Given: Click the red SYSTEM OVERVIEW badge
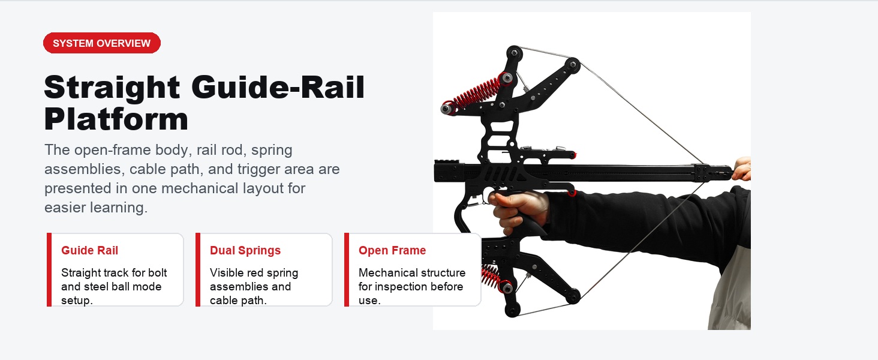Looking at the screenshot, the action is (102, 43).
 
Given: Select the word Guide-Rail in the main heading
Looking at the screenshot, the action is (278, 87).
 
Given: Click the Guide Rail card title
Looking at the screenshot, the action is (89, 250).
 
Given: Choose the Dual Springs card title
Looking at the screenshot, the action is (245, 250).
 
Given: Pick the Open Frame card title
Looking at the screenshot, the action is (392, 250).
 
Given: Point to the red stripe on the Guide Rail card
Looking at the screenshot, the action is (49, 269).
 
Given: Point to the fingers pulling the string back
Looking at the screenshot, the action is (742, 169).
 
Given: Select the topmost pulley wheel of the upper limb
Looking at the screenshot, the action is (514, 53).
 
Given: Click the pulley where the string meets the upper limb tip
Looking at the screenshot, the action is (572, 64).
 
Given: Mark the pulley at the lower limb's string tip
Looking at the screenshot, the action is (573, 296).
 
